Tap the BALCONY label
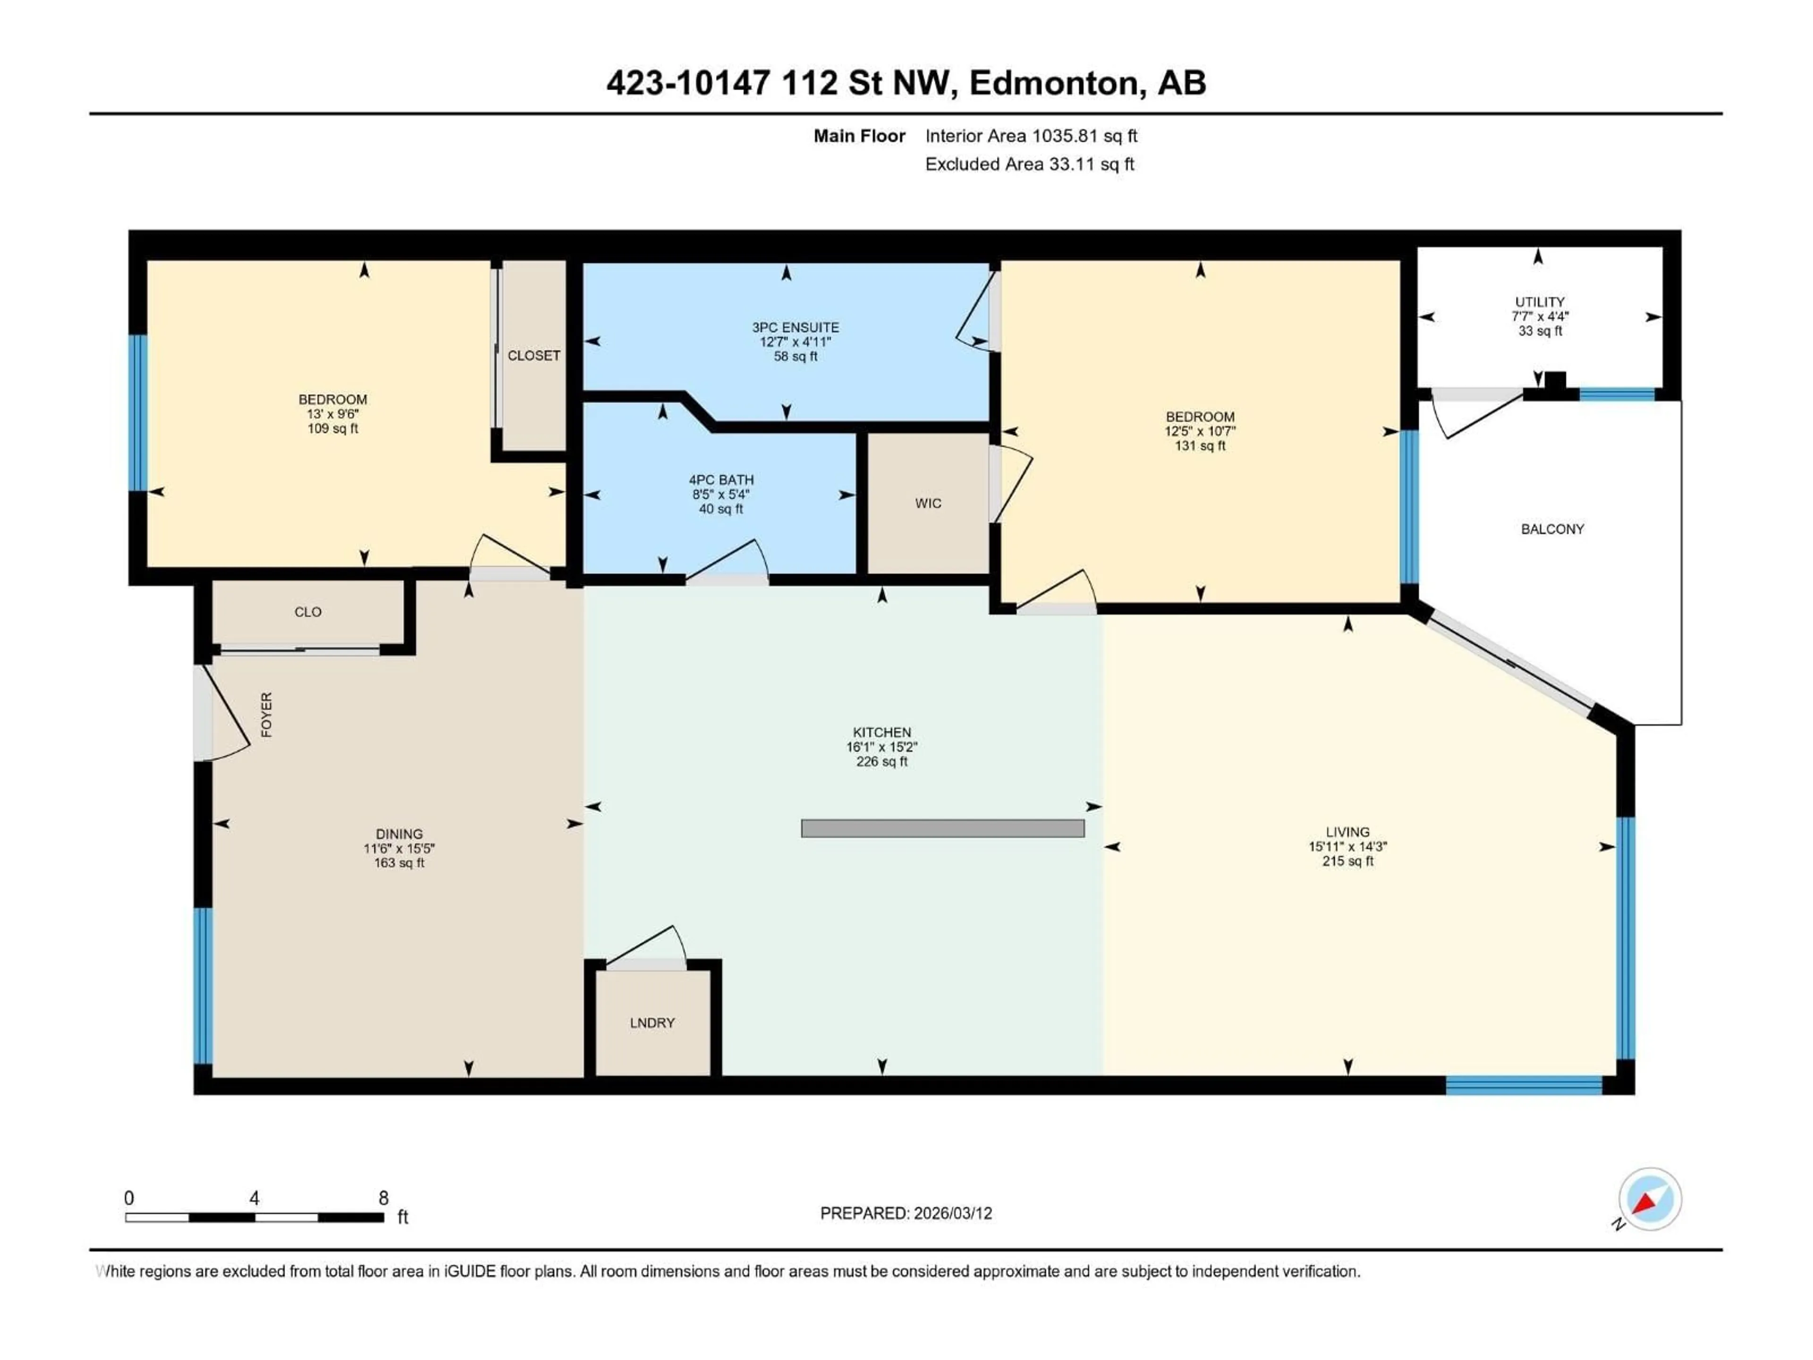click(x=1551, y=529)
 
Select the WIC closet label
click(x=928, y=503)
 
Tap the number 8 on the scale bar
click(x=383, y=1198)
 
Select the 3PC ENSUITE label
click(x=795, y=327)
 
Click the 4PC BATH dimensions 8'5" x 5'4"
click(x=720, y=494)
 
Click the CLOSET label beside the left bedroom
click(x=534, y=355)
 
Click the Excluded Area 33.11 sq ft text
click(x=1029, y=164)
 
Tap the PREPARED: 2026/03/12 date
click(x=906, y=1213)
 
